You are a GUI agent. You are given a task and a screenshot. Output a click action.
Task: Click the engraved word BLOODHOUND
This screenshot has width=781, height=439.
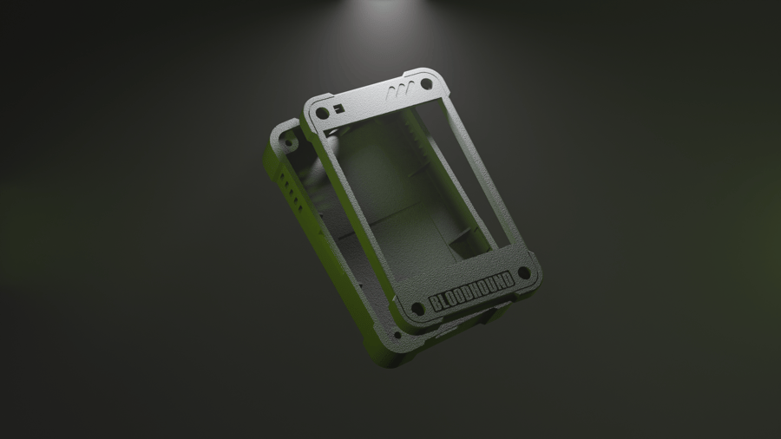pos(471,292)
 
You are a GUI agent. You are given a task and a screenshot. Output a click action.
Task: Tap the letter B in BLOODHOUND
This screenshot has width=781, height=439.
pos(435,303)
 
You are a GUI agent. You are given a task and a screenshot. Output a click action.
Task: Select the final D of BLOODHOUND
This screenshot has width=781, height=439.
pos(508,278)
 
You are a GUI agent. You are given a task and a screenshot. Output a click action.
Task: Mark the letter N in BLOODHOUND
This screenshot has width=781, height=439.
pos(499,282)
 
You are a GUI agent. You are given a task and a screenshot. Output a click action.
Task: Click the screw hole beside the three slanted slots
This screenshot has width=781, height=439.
pos(426,83)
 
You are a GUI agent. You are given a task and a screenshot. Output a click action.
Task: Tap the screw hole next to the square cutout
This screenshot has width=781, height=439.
pos(322,114)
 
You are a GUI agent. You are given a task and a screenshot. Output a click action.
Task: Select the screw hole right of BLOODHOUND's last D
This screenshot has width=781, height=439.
pos(524,272)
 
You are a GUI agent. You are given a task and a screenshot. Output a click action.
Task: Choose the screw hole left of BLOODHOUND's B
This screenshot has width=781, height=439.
pos(417,310)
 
